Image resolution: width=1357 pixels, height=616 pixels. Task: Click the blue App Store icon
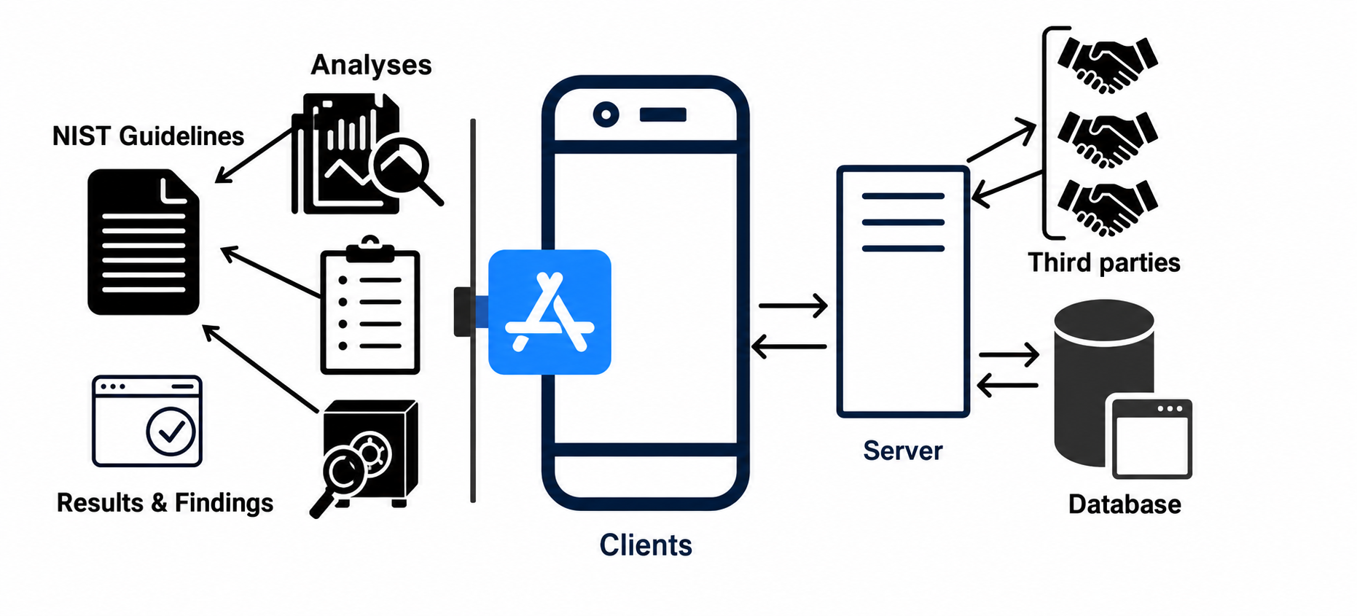(550, 312)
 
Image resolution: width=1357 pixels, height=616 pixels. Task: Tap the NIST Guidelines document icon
(144, 242)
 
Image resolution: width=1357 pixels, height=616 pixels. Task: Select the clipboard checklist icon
(370, 305)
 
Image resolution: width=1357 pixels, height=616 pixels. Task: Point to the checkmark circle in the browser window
(171, 432)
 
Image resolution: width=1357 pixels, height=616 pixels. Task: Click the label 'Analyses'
(371, 65)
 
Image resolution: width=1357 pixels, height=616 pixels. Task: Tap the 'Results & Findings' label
(165, 503)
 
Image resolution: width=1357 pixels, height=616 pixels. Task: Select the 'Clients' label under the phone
(646, 545)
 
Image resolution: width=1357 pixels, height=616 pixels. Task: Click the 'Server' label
(903, 451)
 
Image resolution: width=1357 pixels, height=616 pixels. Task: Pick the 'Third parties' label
(1104, 262)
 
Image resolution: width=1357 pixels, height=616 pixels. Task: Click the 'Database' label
(1125, 504)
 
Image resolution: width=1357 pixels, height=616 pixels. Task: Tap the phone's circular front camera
(606, 114)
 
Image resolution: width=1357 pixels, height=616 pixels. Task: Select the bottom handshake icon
(1108, 208)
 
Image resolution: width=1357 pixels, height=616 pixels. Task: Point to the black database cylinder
(1103, 383)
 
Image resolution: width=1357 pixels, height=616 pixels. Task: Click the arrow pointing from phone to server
(793, 305)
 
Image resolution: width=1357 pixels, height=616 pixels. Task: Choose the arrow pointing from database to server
(1007, 385)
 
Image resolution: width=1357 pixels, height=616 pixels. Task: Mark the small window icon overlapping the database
(1149, 438)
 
